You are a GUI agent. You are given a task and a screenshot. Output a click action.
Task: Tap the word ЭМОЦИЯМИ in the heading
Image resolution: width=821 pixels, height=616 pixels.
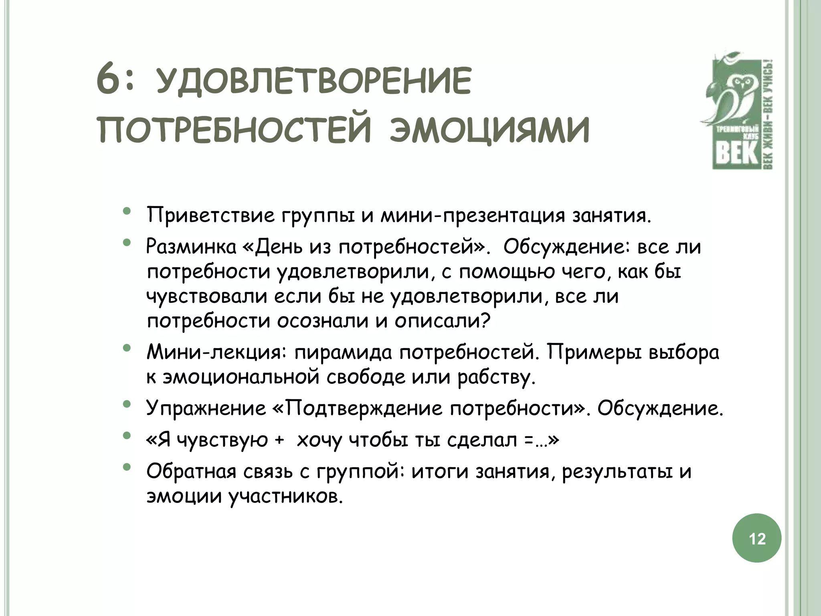(x=489, y=130)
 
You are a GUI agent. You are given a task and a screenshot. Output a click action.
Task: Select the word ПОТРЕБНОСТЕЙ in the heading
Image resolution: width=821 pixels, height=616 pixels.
(x=234, y=130)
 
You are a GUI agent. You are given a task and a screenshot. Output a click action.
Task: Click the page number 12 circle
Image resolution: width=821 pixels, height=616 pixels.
(x=757, y=538)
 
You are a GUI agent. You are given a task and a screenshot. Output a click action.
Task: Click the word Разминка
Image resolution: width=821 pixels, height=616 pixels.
(x=191, y=247)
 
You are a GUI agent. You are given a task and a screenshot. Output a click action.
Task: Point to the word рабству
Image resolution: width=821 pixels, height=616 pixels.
(x=497, y=378)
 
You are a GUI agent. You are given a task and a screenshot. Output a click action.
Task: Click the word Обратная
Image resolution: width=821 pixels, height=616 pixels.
(x=191, y=472)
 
